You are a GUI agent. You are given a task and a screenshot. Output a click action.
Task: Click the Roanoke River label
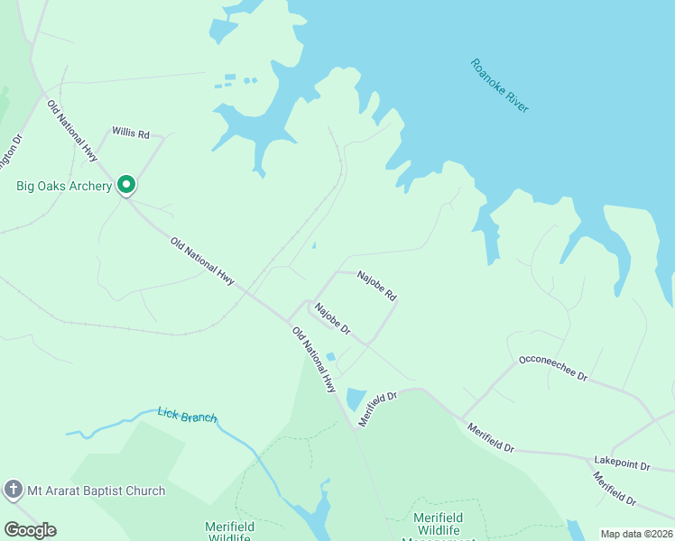499,86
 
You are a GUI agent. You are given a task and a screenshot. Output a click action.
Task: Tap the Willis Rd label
131,133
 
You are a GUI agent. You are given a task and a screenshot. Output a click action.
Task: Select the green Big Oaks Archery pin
126,186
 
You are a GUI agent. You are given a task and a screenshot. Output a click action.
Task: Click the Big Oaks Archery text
64,187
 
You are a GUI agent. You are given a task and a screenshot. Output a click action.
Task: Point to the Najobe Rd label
376,285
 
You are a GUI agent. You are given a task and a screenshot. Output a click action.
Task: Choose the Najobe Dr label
331,320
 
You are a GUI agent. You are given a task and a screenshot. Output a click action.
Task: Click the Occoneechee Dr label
553,368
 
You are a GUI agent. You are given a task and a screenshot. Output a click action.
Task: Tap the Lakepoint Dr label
622,463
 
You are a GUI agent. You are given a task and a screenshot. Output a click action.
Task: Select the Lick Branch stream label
187,415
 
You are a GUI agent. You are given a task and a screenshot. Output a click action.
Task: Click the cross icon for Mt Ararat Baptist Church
13,491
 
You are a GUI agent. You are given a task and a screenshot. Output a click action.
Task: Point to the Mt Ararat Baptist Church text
97,491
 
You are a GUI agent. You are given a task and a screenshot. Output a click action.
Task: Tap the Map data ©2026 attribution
636,534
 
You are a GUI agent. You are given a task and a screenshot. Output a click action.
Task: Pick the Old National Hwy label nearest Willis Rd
71,131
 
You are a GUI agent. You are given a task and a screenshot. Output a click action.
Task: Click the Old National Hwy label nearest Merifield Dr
314,359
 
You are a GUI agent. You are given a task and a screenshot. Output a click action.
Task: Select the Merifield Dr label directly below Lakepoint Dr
614,486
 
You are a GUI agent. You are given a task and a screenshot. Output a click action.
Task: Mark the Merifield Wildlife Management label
444,525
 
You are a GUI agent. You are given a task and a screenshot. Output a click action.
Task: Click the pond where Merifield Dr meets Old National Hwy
356,398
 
